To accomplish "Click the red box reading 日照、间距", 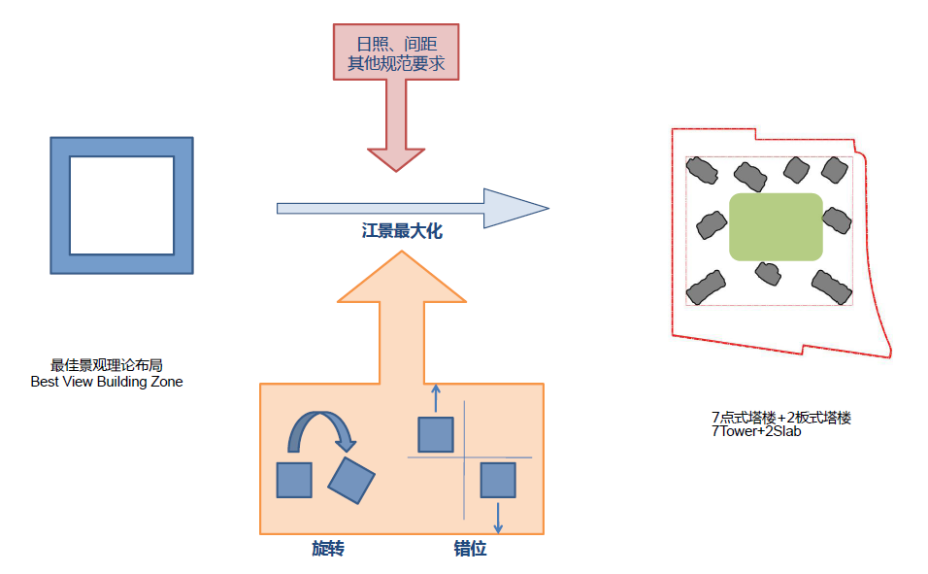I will click(396, 52).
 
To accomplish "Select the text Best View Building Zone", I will click(107, 382).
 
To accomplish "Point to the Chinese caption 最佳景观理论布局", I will click(107, 366).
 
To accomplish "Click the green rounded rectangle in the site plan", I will click(777, 226).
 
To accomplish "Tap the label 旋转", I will click(328, 550).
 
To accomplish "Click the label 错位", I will click(470, 550).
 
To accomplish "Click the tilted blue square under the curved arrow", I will click(351, 480).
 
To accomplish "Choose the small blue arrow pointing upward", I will click(435, 398).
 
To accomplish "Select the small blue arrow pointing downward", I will click(498, 517).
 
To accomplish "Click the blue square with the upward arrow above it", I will click(436, 434).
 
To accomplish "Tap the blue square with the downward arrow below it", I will click(498, 481).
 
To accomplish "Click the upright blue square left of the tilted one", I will click(294, 481).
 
